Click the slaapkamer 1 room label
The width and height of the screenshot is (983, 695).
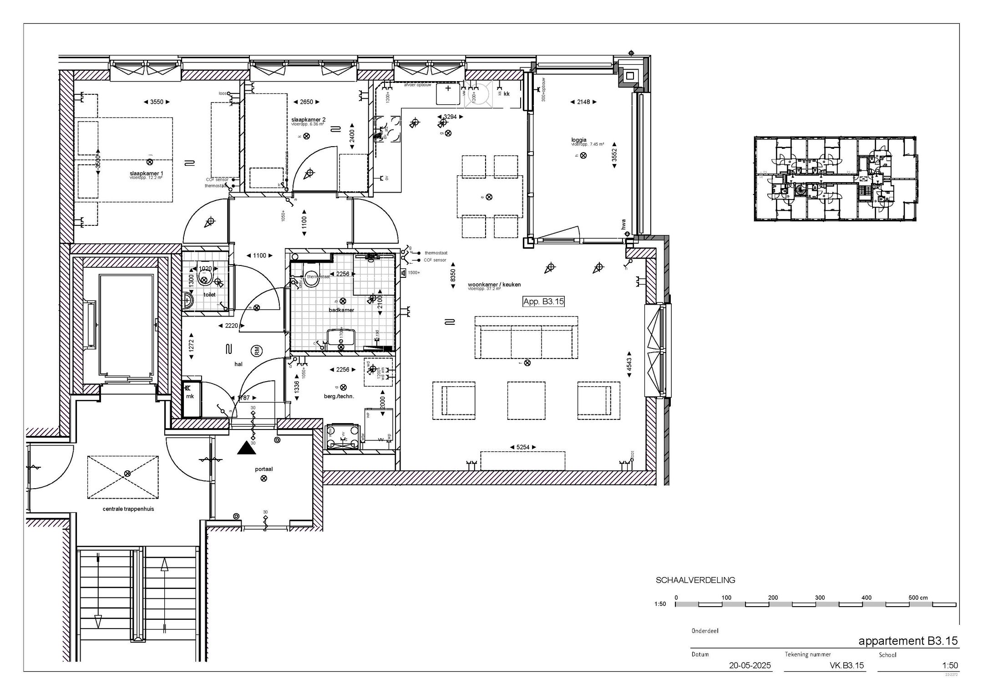click(x=146, y=174)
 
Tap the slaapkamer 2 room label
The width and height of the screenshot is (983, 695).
click(x=308, y=120)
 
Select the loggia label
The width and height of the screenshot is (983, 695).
click(x=579, y=140)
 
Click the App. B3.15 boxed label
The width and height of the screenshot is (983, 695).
click(x=543, y=301)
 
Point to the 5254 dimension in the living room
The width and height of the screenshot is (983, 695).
click(x=522, y=447)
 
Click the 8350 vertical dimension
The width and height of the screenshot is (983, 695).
click(x=453, y=278)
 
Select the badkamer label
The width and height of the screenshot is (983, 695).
click(x=341, y=310)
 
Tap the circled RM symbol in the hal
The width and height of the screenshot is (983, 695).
click(x=257, y=351)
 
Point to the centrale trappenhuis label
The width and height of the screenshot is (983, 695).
click(x=128, y=509)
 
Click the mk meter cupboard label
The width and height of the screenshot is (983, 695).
click(x=190, y=396)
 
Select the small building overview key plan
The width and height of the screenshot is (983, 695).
click(x=835, y=179)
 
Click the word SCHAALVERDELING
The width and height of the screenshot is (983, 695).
click(x=695, y=580)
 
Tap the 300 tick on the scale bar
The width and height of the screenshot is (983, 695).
click(x=820, y=598)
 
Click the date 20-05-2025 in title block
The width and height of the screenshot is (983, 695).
click(x=750, y=665)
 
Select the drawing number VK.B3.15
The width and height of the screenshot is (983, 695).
click(x=846, y=665)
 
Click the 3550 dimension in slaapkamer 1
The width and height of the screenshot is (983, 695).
click(x=157, y=102)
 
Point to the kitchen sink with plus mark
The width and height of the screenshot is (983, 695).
click(x=448, y=93)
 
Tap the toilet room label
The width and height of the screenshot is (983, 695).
click(x=209, y=295)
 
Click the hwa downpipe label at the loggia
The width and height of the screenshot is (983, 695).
click(x=624, y=224)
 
